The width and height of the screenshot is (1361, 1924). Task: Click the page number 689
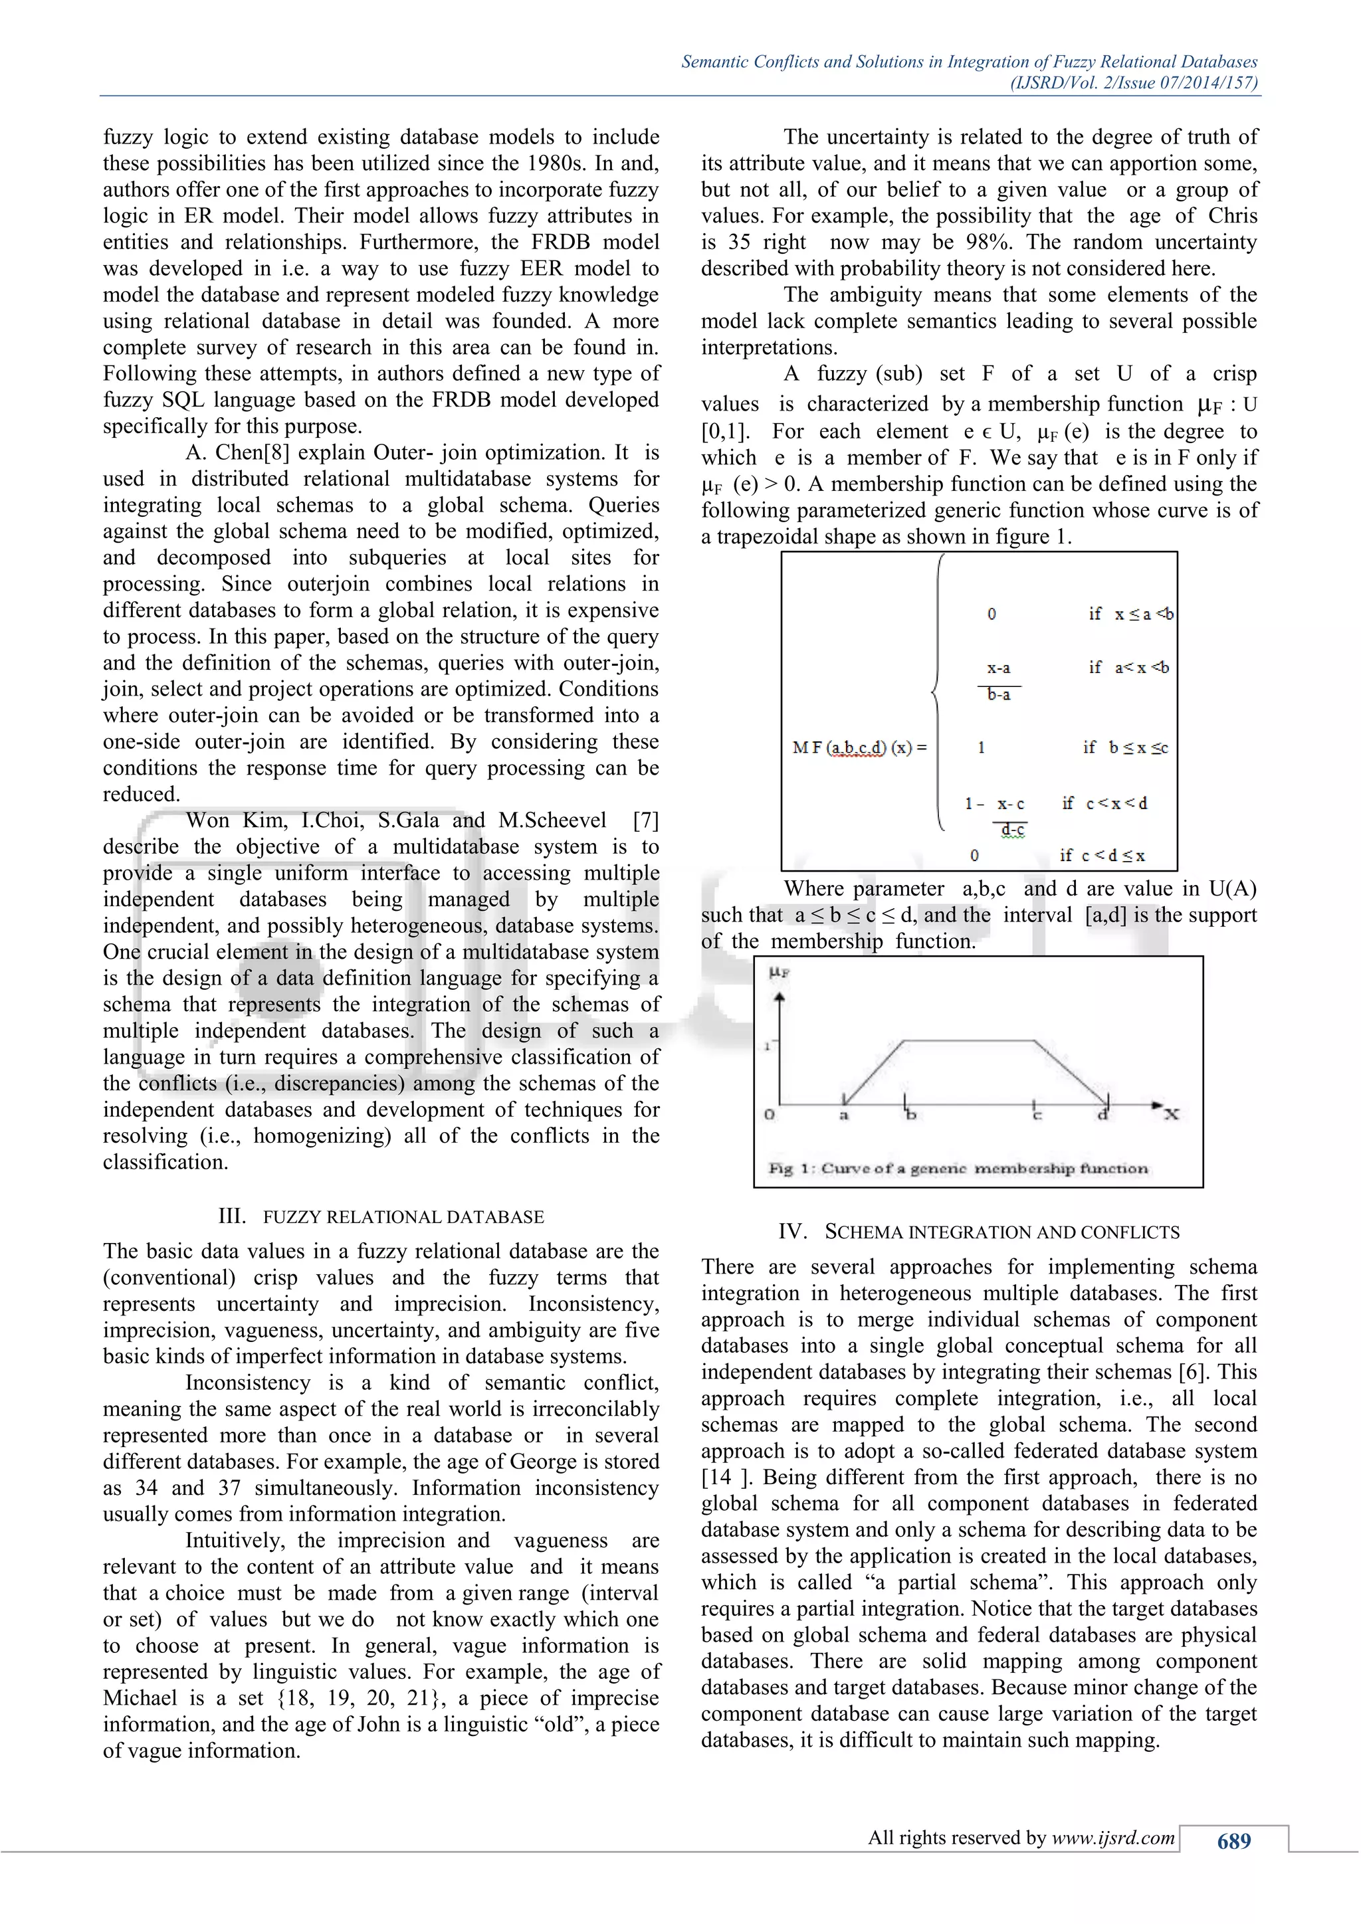pyautogui.click(x=1233, y=1841)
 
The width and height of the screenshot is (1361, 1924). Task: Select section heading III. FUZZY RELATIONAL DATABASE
pyautogui.click(x=381, y=1216)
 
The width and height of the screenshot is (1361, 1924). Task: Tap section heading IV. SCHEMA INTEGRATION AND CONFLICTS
pyautogui.click(x=979, y=1232)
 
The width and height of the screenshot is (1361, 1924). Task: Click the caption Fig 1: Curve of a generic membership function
pyautogui.click(x=958, y=1168)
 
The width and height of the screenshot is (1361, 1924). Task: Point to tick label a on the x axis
pyautogui.click(x=844, y=1115)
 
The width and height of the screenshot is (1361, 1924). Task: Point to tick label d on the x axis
pyautogui.click(x=1103, y=1115)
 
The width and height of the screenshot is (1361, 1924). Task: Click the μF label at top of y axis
pyautogui.click(x=780, y=973)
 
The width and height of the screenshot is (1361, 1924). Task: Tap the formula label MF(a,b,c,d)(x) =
pyautogui.click(x=860, y=747)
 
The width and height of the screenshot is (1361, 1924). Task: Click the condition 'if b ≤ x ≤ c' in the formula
pyautogui.click(x=1126, y=747)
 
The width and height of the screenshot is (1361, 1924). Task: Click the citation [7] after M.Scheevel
pyautogui.click(x=645, y=820)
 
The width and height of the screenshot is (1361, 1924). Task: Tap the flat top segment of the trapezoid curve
pyautogui.click(x=969, y=1041)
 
